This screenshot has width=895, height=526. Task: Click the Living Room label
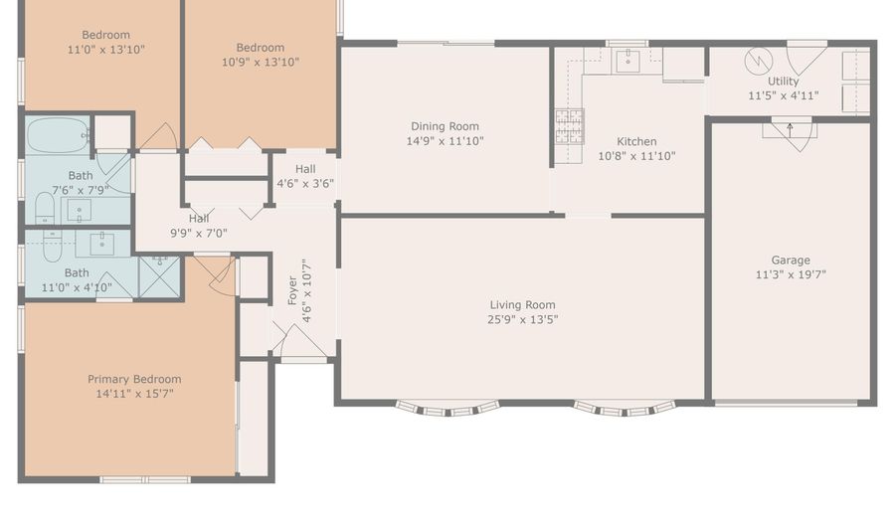pos(522,304)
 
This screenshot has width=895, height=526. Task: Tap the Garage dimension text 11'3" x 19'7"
pos(791,274)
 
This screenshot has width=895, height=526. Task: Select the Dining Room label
pos(445,126)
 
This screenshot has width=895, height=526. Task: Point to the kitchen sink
pos(627,60)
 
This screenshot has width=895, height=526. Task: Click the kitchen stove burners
pos(570,126)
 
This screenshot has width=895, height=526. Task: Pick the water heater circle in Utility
pos(759,61)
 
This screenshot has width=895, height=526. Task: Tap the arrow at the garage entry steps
pos(790,130)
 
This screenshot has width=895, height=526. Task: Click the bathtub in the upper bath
pos(58,135)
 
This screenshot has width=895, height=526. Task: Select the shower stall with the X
pos(160,276)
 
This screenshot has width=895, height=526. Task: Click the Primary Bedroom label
pos(134,379)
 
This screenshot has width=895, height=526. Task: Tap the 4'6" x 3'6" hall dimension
pos(305,184)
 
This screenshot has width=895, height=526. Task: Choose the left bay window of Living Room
pos(447,409)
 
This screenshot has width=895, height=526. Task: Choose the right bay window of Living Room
pos(625,409)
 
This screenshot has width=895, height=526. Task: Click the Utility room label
pos(784,81)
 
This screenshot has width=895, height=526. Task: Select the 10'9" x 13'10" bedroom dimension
pos(261,63)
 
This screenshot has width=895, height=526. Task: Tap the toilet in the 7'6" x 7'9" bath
pos(45,208)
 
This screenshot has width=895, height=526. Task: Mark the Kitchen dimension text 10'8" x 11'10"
pos(636,156)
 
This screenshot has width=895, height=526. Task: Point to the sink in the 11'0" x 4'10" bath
pos(101,245)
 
